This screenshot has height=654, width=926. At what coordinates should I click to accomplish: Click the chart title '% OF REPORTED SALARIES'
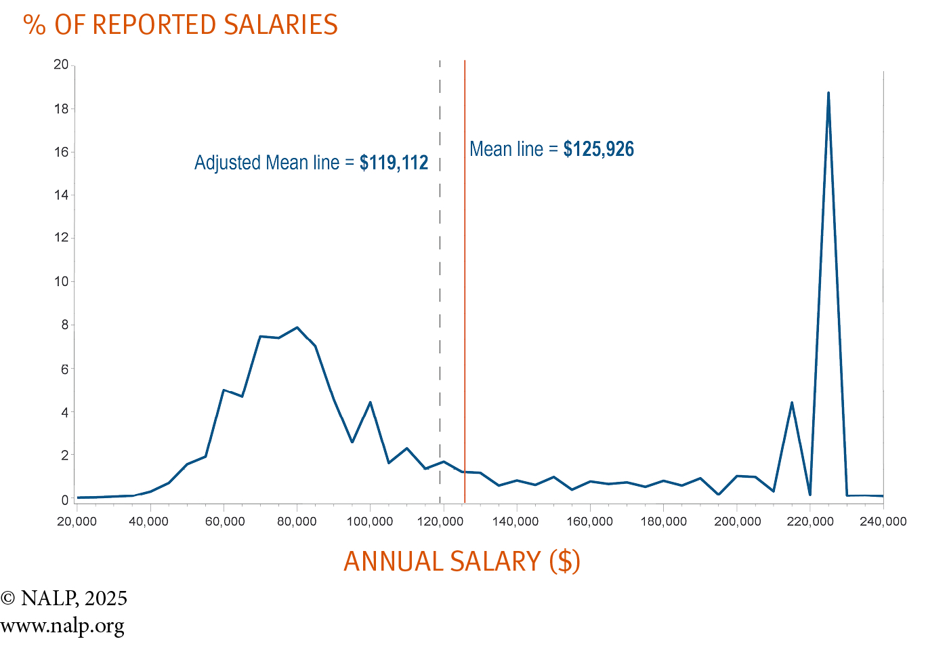click(x=180, y=25)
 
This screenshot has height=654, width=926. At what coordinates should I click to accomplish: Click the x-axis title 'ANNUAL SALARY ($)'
click(x=462, y=562)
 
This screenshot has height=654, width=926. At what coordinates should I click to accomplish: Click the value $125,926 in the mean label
click(x=599, y=149)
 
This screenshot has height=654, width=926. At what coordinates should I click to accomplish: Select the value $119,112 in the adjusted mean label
click(x=394, y=163)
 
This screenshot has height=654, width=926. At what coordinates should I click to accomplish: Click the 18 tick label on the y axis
click(x=62, y=108)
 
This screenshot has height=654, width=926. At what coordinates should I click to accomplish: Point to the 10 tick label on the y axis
click(x=62, y=281)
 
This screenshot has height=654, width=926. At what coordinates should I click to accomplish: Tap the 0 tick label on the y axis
click(x=65, y=499)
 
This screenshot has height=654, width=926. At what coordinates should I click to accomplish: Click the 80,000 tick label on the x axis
click(x=297, y=521)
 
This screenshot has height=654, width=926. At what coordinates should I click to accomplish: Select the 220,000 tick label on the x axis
click(x=810, y=521)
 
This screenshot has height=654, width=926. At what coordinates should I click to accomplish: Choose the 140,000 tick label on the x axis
click(x=516, y=521)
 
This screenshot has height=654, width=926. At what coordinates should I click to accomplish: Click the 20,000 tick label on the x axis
click(x=77, y=521)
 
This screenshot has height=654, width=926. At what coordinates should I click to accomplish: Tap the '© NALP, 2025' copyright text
click(x=64, y=598)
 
